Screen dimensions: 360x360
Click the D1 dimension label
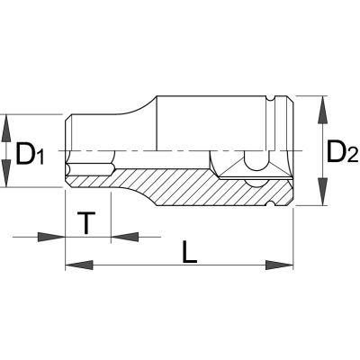(x=30, y=154)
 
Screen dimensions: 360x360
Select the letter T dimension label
(x=86, y=222)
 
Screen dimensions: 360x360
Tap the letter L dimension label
(x=190, y=252)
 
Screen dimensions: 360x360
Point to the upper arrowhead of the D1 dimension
(x=6, y=129)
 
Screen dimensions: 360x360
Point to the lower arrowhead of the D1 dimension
(x=6, y=173)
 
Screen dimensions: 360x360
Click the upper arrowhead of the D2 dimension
(x=322, y=110)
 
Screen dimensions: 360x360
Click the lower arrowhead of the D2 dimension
(x=322, y=192)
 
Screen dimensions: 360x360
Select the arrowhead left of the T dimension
(x=51, y=237)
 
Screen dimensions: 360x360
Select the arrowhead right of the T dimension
(x=125, y=237)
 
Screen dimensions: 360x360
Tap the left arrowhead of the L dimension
(x=79, y=265)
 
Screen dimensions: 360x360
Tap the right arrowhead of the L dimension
(x=279, y=265)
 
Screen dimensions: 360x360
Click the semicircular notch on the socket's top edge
(x=271, y=99)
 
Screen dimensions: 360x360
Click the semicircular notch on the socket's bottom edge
(x=271, y=203)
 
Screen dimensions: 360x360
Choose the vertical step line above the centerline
(x=157, y=123)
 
